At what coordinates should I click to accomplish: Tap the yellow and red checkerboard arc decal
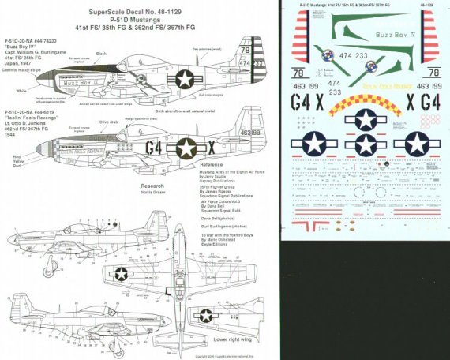click(x=365, y=103)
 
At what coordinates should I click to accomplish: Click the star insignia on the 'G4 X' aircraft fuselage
click(x=186, y=148)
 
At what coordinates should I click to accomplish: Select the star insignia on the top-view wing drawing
click(x=121, y=274)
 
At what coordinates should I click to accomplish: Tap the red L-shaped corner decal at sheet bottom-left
click(x=300, y=227)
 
